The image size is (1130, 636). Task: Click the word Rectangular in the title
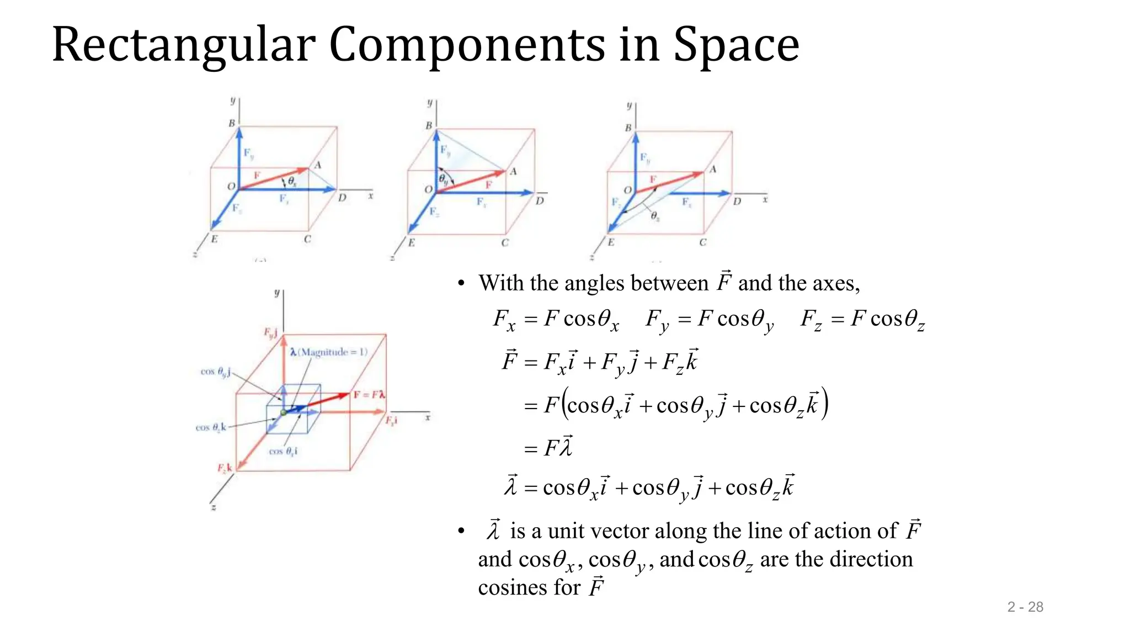click(183, 45)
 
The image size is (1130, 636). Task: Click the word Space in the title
click(736, 45)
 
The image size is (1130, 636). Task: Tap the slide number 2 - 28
click(1025, 607)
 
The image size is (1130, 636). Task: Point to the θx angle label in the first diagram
click(292, 181)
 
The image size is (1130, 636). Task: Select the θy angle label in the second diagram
click(444, 179)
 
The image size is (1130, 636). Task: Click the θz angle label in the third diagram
click(654, 216)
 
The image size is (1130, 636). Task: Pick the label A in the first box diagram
click(318, 165)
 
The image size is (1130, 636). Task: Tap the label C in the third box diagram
click(702, 242)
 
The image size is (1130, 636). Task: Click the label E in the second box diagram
click(411, 242)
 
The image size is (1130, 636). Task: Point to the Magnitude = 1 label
click(333, 352)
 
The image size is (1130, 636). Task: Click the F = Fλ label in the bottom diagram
click(369, 395)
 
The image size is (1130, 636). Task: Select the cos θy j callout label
click(216, 372)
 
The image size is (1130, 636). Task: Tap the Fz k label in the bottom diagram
click(225, 468)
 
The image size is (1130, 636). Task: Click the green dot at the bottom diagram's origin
click(284, 412)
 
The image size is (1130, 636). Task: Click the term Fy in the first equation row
click(656, 320)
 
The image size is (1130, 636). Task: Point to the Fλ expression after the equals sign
click(558, 447)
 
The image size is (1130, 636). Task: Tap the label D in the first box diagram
click(342, 198)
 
